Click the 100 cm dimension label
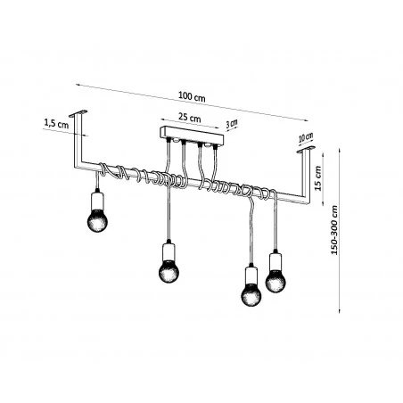pyautogui.click(x=189, y=96)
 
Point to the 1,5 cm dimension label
pyautogui.click(x=55, y=124)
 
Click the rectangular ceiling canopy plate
pyautogui.click(x=191, y=136)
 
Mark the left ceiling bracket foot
pyautogui.click(x=81, y=113)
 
